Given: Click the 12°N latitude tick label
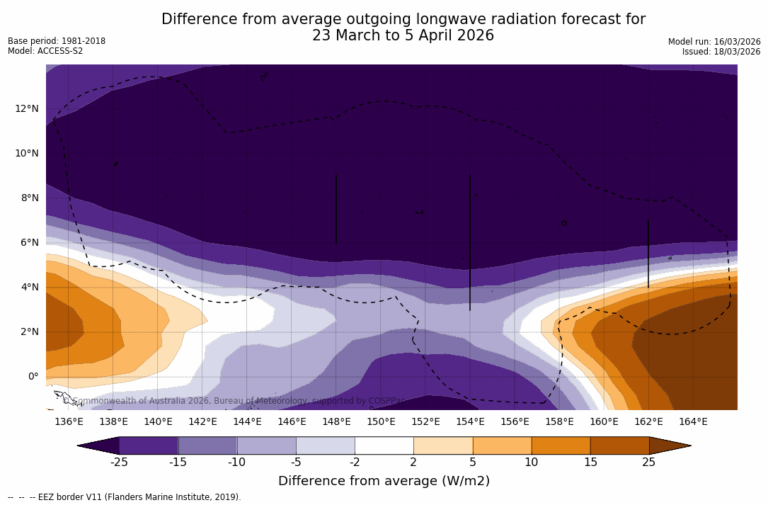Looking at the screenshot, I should pos(26,108).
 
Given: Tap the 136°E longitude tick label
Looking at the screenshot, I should pos(69,421).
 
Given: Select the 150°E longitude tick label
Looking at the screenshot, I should pos(381,421).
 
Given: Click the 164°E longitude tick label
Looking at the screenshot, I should pos(693,421).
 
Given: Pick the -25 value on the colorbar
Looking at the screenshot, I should pos(119,463).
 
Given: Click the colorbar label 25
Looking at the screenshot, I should pos(648,463).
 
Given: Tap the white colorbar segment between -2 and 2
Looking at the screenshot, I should pos(384,446).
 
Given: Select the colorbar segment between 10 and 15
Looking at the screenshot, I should pos(560,446).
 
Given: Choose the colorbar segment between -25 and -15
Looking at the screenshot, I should pos(149,446).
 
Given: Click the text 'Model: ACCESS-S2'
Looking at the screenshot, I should pos(45,51).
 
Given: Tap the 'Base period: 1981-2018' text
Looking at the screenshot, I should pos(57,41).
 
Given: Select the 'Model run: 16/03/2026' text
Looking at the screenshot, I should pos(714,42).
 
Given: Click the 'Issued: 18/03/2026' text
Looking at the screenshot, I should pos(721,52).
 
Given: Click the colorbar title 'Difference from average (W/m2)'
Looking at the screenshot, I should pos(384,481).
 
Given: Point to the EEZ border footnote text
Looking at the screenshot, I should pos(125,497).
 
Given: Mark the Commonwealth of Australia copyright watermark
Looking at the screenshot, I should pos(234,401).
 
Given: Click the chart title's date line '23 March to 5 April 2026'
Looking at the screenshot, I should pos(403,35).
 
